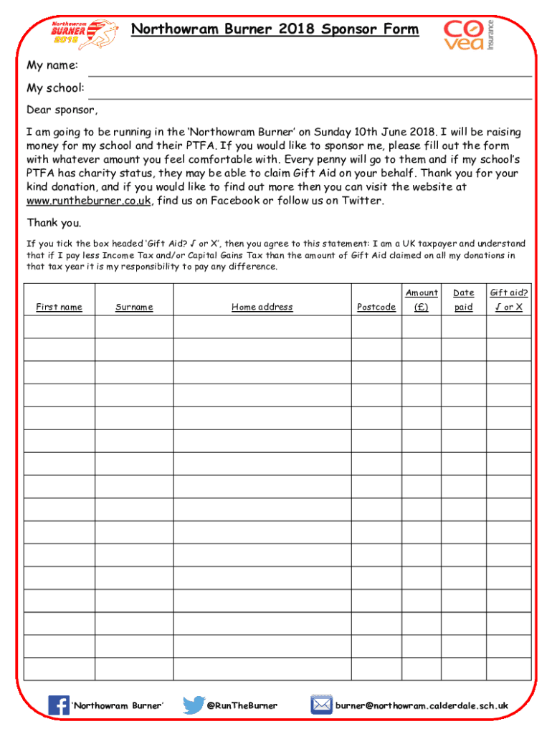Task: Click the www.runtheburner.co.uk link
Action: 89,201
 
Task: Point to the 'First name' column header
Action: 60,308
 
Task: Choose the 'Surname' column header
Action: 134,308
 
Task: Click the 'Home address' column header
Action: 262,308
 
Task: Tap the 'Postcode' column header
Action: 376,308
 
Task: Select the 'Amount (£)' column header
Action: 421,300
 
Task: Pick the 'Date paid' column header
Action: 464,300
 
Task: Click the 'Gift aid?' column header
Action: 508,300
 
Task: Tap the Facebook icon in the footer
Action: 58,705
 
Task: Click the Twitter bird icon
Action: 193,705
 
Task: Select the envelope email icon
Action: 320,705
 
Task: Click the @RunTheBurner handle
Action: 242,706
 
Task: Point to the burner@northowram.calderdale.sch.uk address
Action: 422,706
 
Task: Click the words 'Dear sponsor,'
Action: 62,110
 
